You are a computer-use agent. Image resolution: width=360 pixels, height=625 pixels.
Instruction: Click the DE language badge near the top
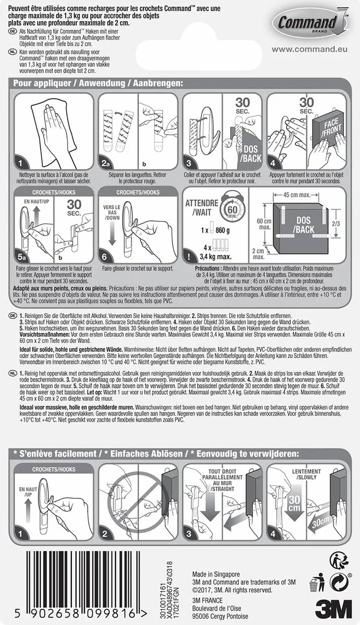point(11,31)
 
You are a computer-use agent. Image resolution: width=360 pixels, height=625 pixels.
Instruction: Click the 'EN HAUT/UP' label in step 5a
point(36,202)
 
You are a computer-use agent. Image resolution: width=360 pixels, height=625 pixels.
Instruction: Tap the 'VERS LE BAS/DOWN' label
point(111,213)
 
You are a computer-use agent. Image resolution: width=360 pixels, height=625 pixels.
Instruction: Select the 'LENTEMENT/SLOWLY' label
point(306,474)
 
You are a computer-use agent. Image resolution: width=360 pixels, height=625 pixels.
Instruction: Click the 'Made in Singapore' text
point(216,574)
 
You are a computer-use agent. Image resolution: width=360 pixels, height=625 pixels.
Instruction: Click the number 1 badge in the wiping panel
point(21,163)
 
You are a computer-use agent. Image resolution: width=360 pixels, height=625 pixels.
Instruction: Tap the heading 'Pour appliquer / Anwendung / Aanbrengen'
point(98,83)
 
